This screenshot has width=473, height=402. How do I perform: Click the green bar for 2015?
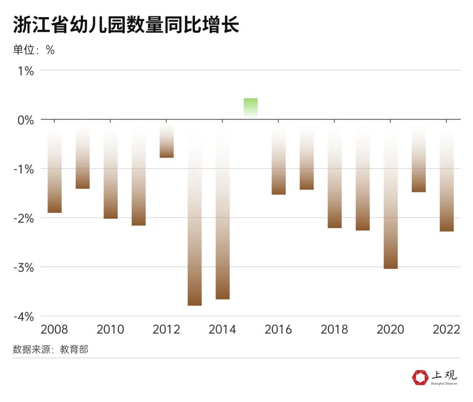(x=251, y=107)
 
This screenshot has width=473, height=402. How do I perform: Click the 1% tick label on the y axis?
(x=25, y=71)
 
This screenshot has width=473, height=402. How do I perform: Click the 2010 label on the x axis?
(x=110, y=329)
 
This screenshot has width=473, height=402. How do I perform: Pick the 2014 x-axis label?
(x=222, y=329)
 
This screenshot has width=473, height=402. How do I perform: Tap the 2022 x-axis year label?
(x=446, y=329)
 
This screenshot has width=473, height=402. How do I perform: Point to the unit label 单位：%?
(x=34, y=50)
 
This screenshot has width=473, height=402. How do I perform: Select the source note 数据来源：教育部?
(x=50, y=349)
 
